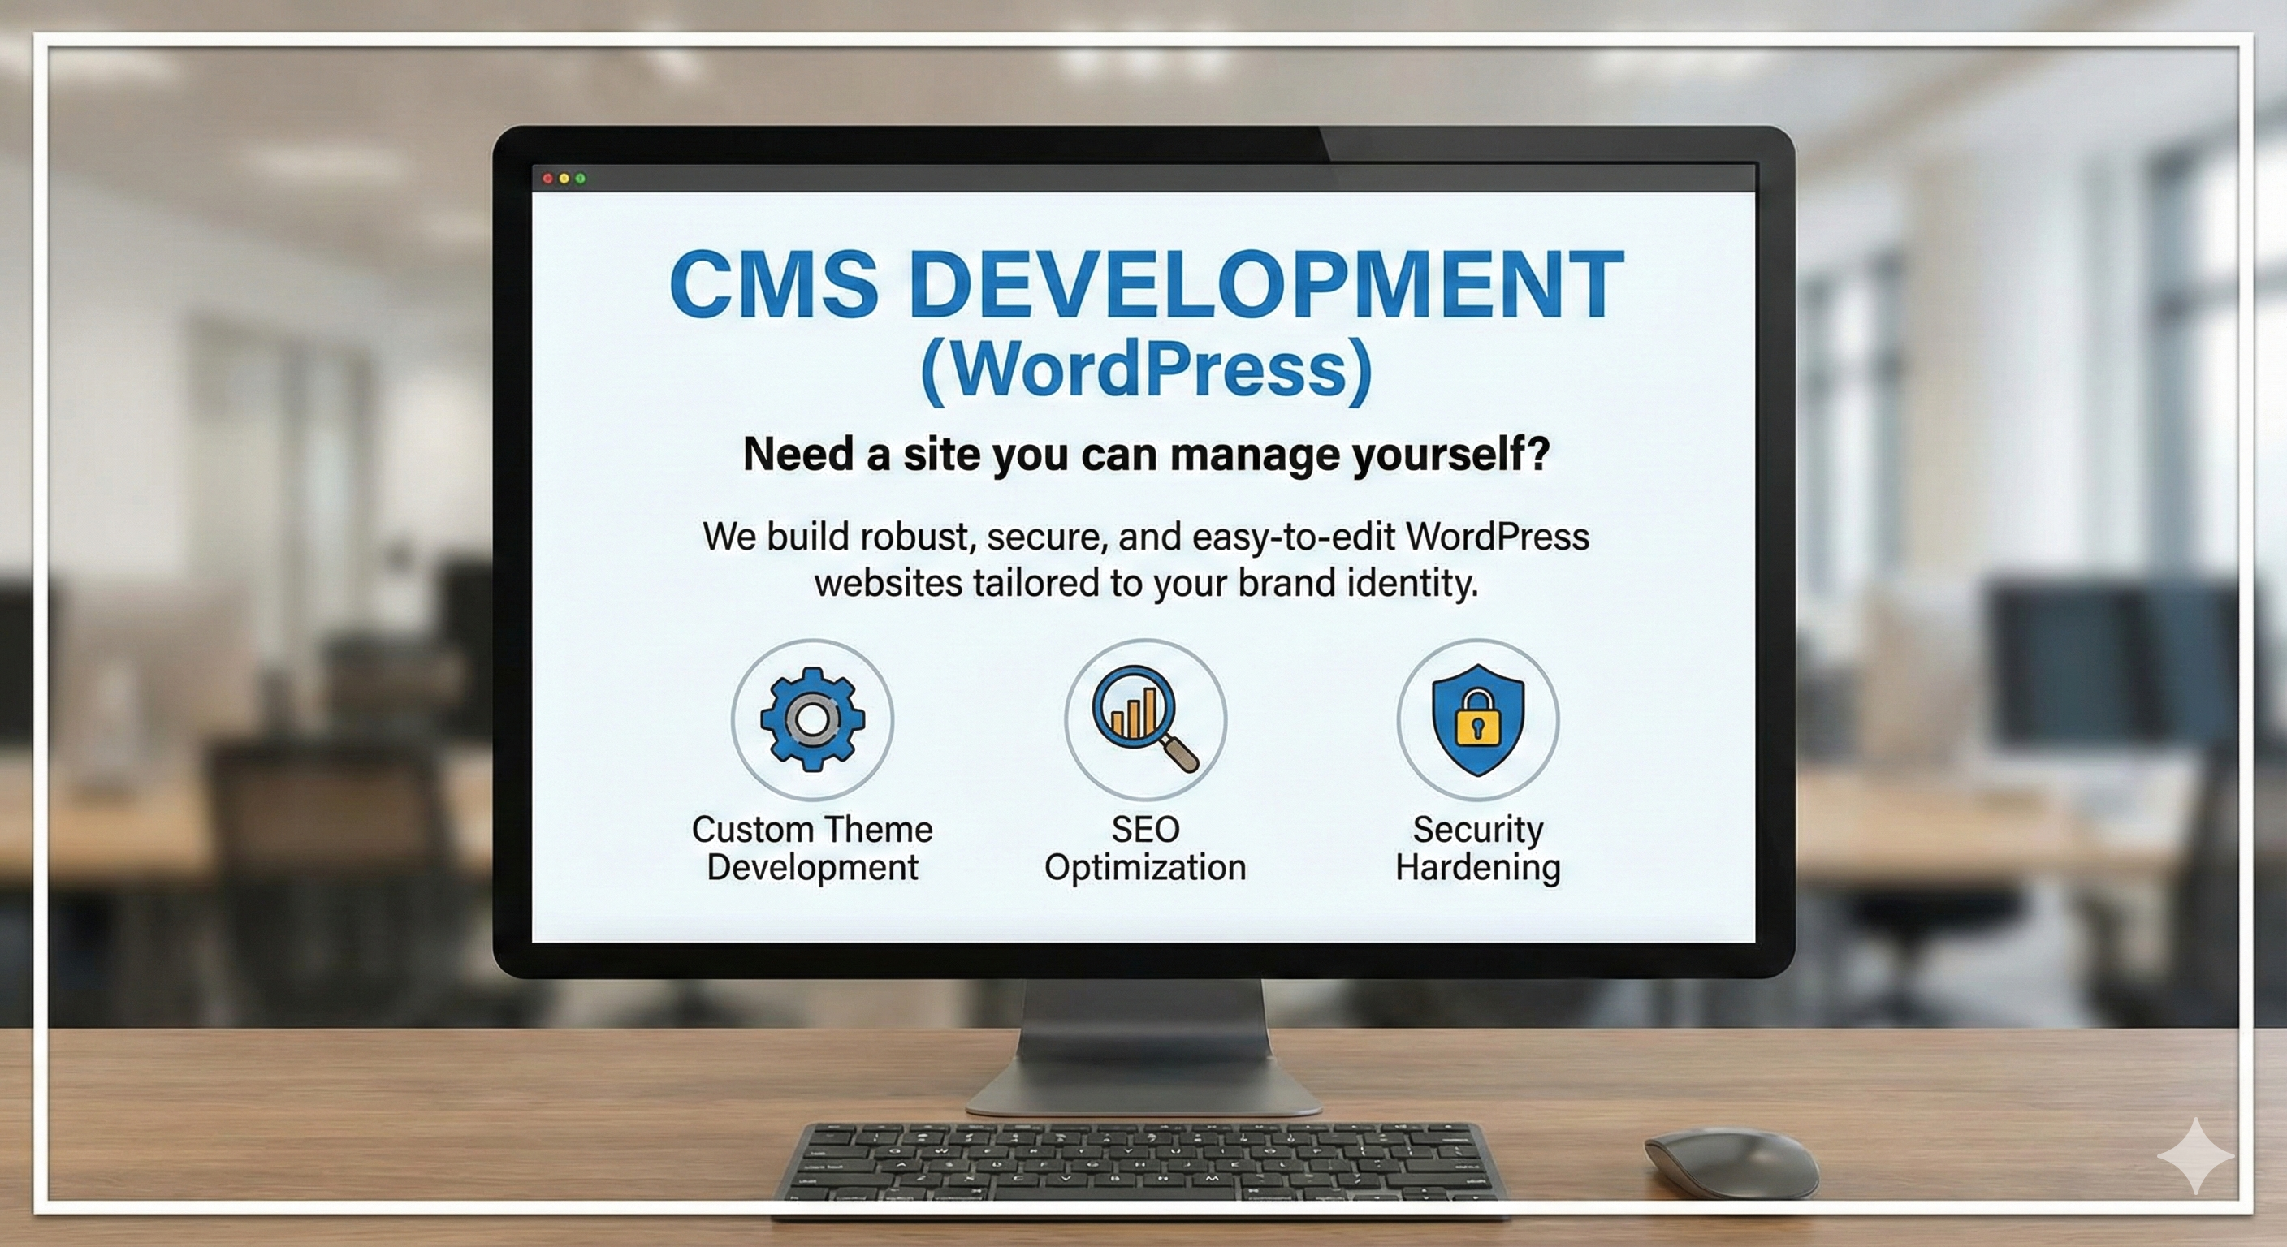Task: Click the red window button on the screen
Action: point(547,179)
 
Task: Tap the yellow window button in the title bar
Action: point(564,179)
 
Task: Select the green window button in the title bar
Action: point(581,179)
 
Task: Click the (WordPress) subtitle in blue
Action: point(1145,370)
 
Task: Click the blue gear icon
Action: point(812,719)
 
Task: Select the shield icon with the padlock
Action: point(1477,719)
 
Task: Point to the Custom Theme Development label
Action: point(812,848)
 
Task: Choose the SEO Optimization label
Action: point(1145,848)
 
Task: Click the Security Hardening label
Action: point(1477,848)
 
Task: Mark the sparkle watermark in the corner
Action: point(2194,1155)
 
